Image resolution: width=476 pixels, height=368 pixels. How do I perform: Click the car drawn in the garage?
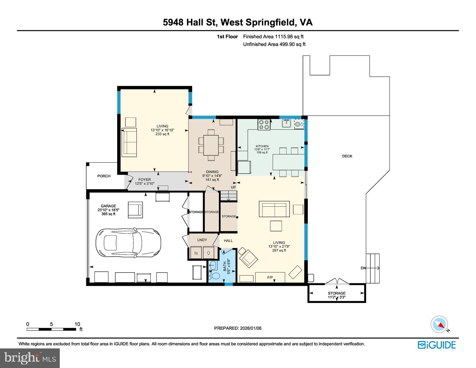pos(130,243)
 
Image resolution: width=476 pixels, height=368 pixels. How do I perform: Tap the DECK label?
pos(347,156)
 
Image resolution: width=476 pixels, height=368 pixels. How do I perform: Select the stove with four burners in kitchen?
pos(264,125)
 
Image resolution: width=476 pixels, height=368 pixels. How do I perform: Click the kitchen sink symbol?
pos(286,123)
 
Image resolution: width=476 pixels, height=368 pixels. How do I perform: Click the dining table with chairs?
pos(211,145)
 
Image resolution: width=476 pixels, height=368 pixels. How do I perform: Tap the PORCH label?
pos(104,176)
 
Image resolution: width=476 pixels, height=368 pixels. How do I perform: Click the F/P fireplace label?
pos(270,278)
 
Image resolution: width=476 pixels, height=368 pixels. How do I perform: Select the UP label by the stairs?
pos(233,187)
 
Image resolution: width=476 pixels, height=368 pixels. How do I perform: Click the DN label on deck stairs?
pos(363,268)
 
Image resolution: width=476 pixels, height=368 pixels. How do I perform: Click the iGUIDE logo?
pos(437,345)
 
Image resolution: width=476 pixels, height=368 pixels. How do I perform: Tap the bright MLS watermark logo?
pos(30,358)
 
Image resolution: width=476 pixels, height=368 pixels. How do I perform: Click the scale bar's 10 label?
pos(77,324)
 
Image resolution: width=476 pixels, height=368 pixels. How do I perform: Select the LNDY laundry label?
pos(202,240)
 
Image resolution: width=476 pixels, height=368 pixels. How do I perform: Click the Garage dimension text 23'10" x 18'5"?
pos(108,210)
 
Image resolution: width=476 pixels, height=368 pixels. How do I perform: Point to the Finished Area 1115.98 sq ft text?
pos(273,37)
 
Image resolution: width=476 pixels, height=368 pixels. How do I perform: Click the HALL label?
pos(228,240)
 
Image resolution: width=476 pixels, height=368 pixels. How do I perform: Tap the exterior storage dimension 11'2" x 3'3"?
pos(336,297)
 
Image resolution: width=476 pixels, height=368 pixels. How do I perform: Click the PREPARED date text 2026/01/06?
pos(238,328)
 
